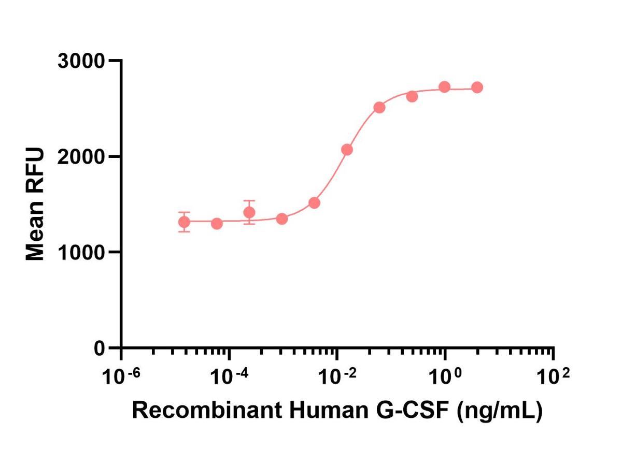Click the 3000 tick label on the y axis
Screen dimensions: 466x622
tap(81, 61)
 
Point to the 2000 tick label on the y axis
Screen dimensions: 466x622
tap(81, 156)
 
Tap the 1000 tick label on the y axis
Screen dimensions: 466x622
tap(81, 252)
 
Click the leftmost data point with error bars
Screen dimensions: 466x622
tap(184, 222)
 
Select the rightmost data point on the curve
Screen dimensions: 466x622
tap(477, 88)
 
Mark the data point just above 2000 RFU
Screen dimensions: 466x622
tap(347, 150)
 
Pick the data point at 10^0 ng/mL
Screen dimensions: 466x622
tap(444, 86)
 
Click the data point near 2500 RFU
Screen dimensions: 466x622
tap(379, 107)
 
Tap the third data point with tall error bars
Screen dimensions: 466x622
tap(249, 212)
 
